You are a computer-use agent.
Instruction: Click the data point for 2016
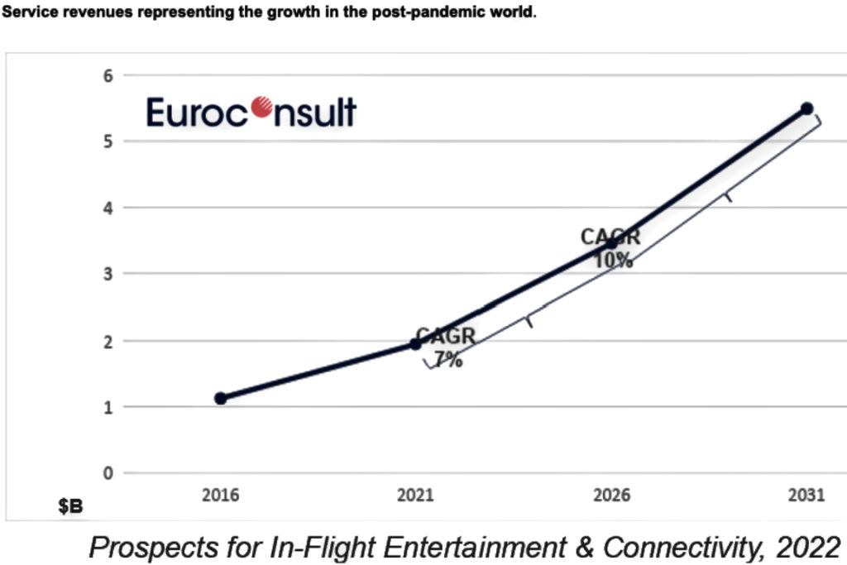pyautogui.click(x=220, y=398)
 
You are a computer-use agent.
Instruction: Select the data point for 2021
pyautogui.click(x=416, y=343)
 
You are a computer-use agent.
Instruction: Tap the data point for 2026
pyautogui.click(x=611, y=243)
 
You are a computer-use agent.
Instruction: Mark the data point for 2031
pyautogui.click(x=806, y=108)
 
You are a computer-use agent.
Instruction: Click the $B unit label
pyautogui.click(x=70, y=506)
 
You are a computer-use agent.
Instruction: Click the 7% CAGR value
pyautogui.click(x=447, y=360)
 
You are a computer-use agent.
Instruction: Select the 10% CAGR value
pyautogui.click(x=613, y=260)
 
